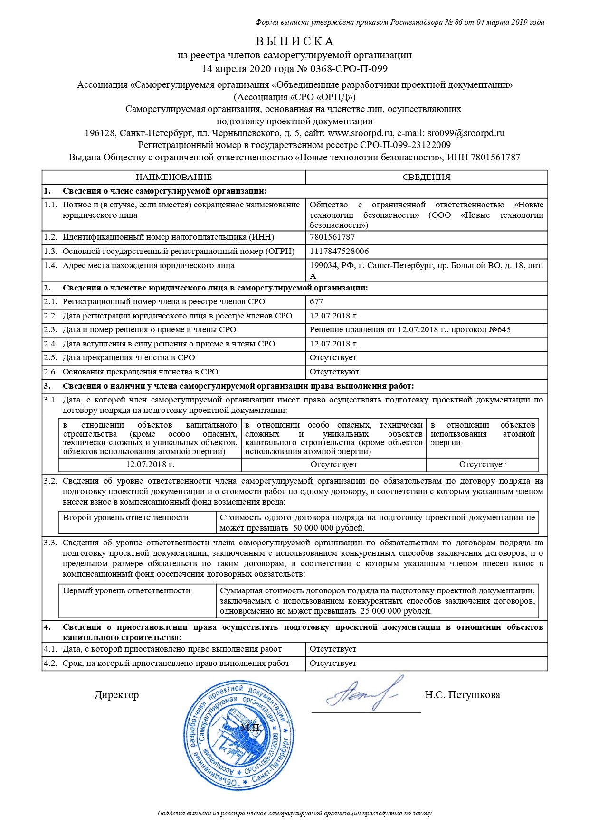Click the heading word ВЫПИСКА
pos(294,41)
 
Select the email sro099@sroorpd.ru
pos(465,133)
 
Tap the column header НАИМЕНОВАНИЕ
pos(174,177)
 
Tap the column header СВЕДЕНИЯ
pos(426,177)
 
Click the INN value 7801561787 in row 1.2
pos(332,237)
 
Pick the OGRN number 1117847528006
pos(339,251)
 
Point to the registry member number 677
pos(316,301)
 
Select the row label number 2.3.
pos(50,329)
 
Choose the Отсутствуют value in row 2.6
pos(334,372)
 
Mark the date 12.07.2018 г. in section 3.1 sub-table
pos(150,464)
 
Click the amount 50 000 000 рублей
pos(329,528)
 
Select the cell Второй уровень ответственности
pos(126,517)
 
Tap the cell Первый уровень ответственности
pos(127,590)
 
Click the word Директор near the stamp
pos(116,695)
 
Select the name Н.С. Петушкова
pos(462,695)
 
